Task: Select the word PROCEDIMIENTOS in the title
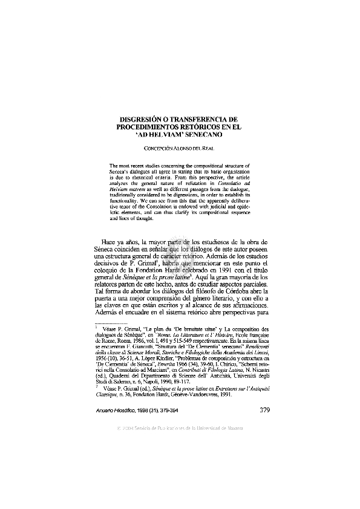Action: click(146, 128)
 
